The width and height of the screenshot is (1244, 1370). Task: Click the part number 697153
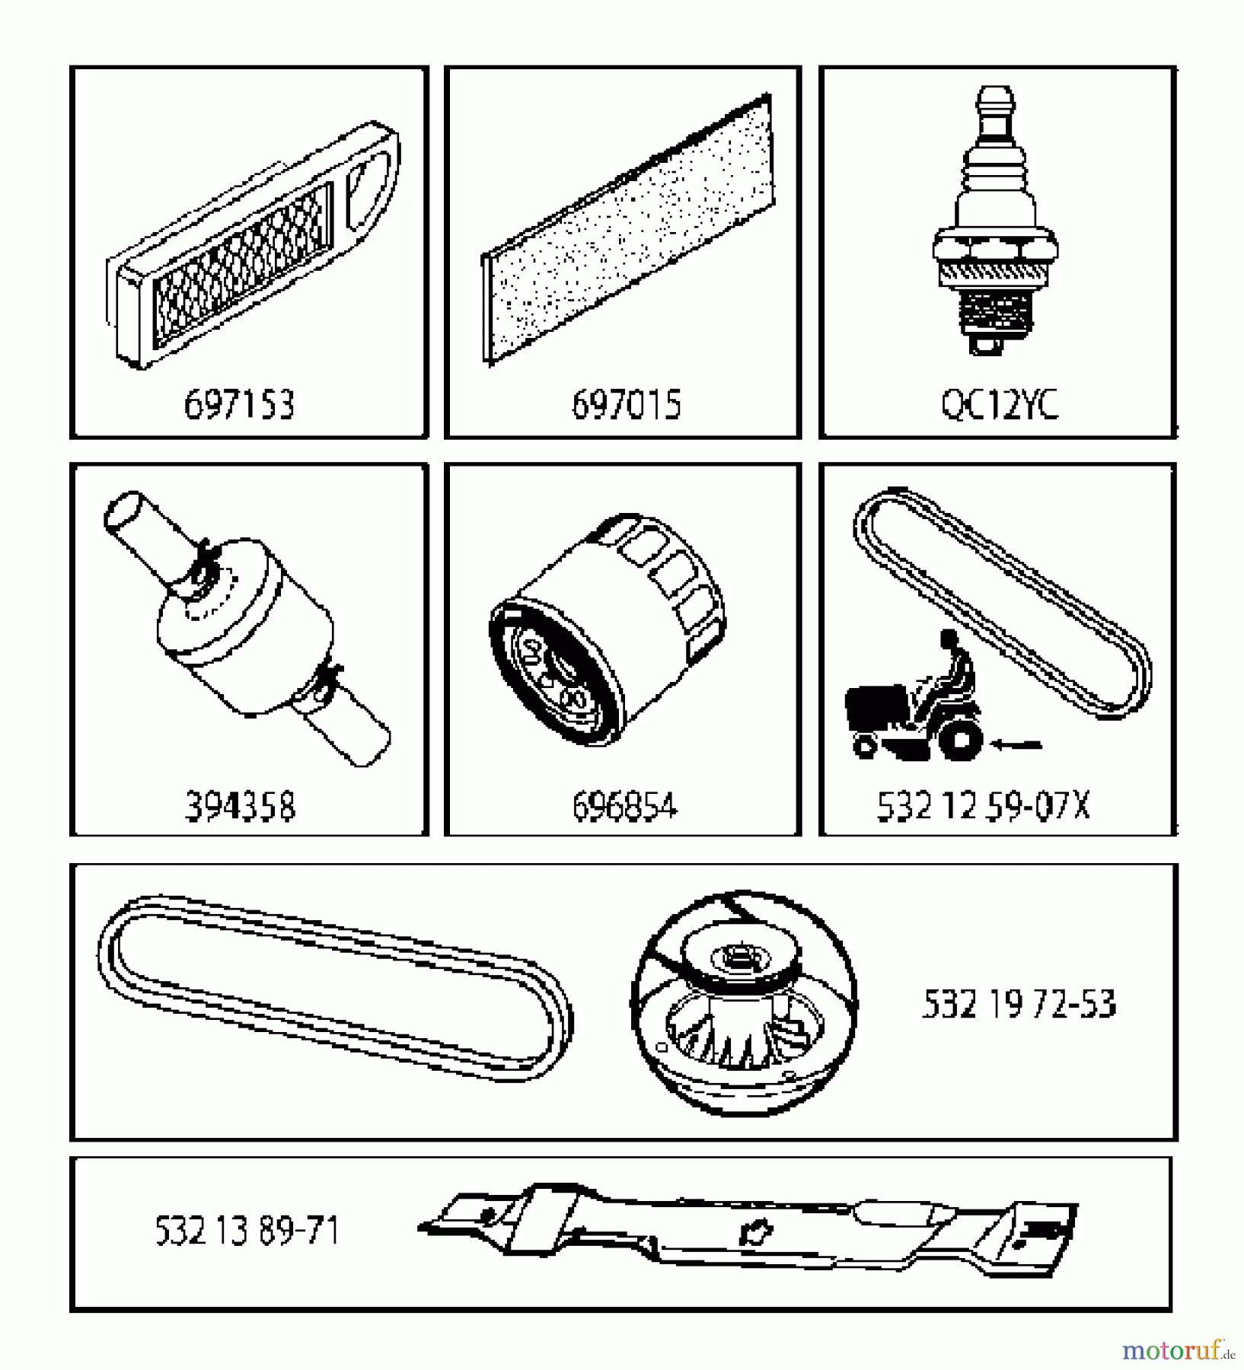tap(239, 405)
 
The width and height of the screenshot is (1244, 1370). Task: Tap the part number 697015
tap(626, 405)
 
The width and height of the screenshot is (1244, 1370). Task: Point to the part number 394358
tap(240, 806)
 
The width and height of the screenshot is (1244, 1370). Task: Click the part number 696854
tap(624, 806)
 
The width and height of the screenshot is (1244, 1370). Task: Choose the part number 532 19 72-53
tap(1019, 1005)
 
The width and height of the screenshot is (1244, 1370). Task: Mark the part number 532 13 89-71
tap(247, 1231)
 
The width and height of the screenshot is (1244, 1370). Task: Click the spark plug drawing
tap(995, 221)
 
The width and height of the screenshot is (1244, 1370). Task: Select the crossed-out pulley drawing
tap(744, 1002)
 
